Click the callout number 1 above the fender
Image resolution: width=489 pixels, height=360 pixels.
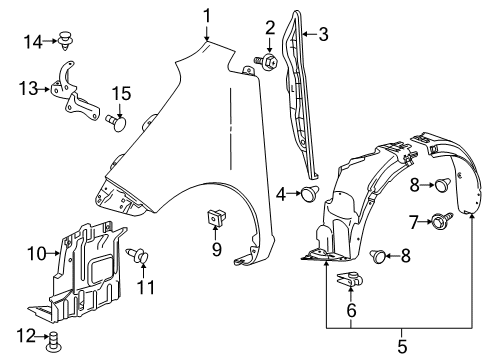[x=207, y=16]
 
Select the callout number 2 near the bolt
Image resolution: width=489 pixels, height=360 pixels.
[x=270, y=27]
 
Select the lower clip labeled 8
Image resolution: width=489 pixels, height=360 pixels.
[x=379, y=257]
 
